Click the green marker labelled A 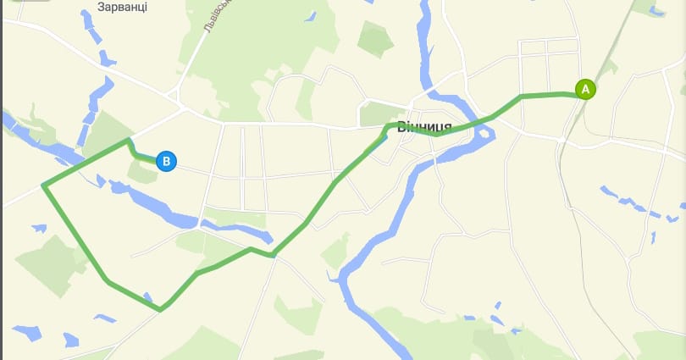click(585, 89)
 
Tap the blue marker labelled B click(167, 161)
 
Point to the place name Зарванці click(123, 7)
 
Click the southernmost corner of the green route click(161, 309)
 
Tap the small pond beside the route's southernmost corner click(149, 298)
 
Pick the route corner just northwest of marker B click(129, 140)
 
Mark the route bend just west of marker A click(523, 96)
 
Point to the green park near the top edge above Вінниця click(375, 36)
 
